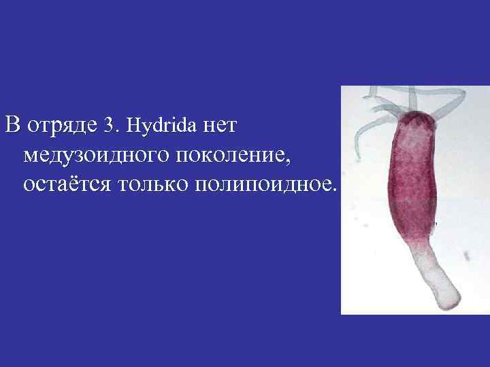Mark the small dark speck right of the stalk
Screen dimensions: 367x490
[467, 256]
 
